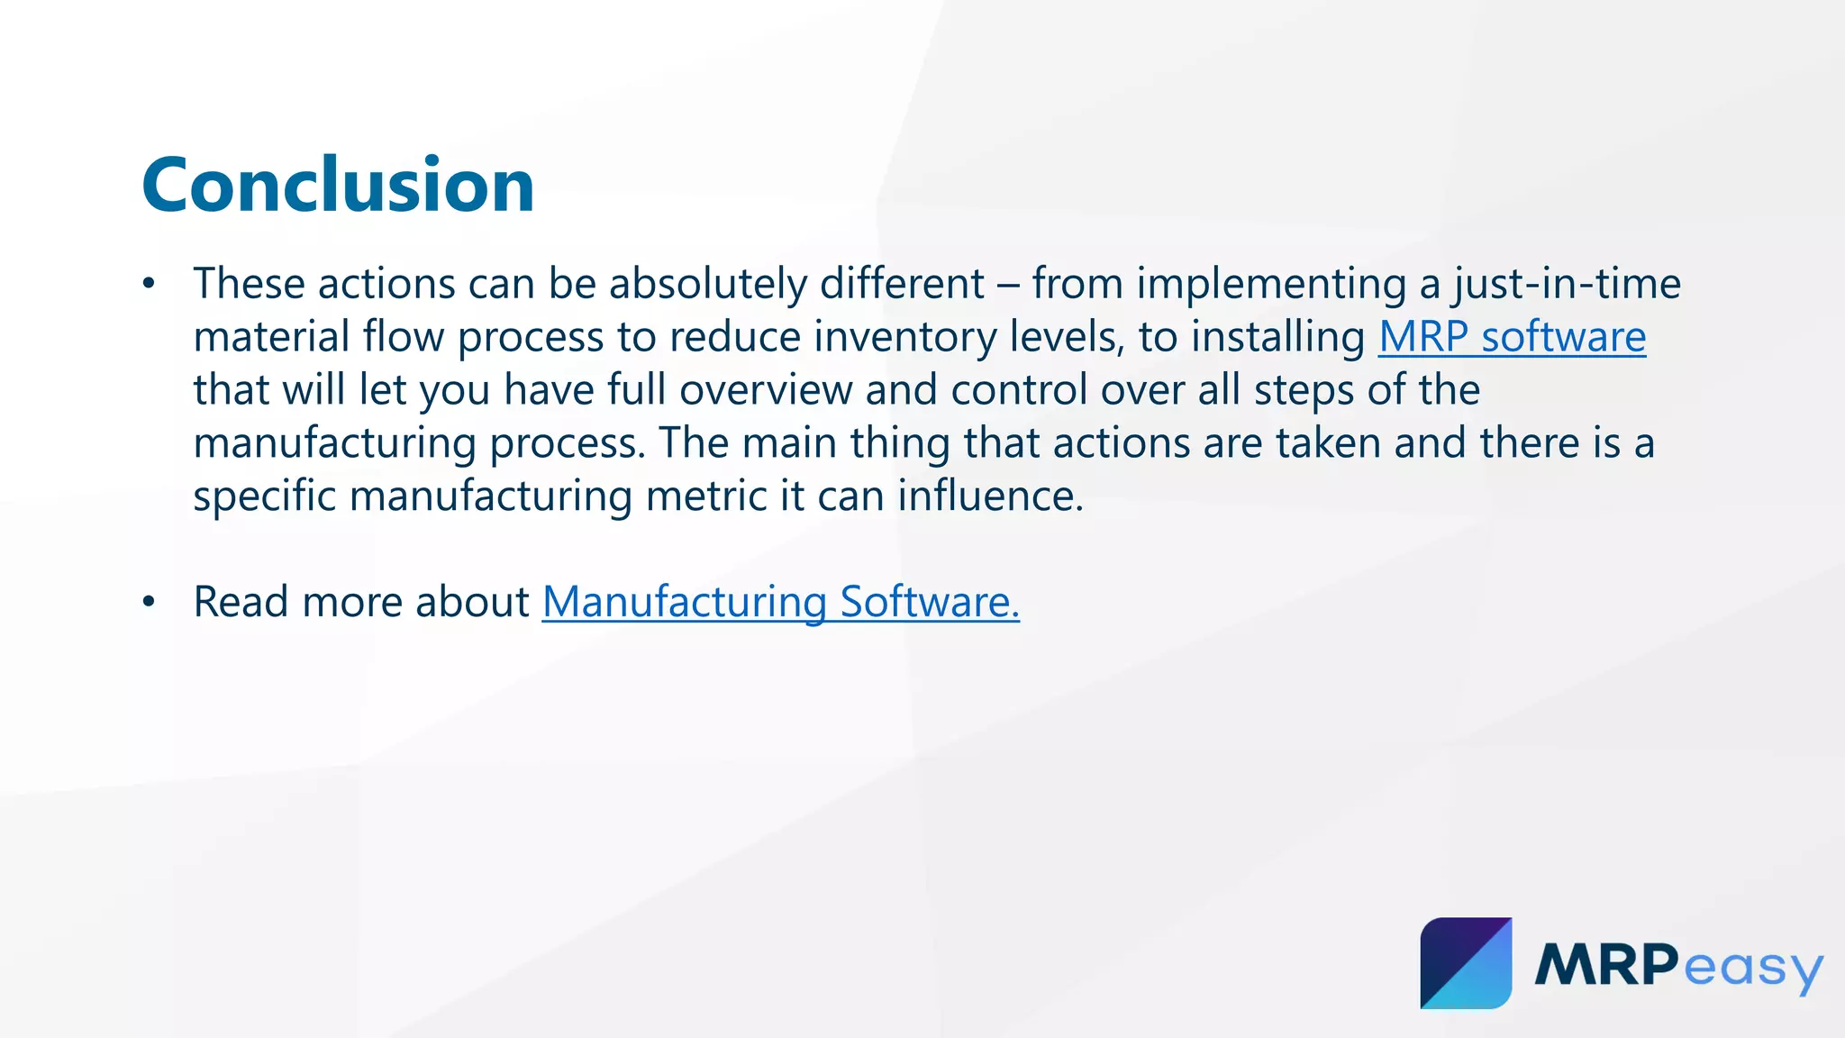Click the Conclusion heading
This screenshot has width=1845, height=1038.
point(338,186)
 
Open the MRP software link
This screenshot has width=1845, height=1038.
point(1512,337)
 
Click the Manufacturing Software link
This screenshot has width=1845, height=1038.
point(780,602)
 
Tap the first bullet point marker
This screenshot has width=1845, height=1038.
point(150,285)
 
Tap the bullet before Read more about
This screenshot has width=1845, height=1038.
point(150,603)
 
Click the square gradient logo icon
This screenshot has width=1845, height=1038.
point(1466,963)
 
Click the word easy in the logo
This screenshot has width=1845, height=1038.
point(1752,969)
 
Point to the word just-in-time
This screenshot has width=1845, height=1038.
point(1567,285)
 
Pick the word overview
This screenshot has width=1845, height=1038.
point(765,390)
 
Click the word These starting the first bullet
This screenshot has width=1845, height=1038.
point(249,285)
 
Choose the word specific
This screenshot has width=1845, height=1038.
point(265,496)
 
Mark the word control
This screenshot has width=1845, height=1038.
point(1019,390)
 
